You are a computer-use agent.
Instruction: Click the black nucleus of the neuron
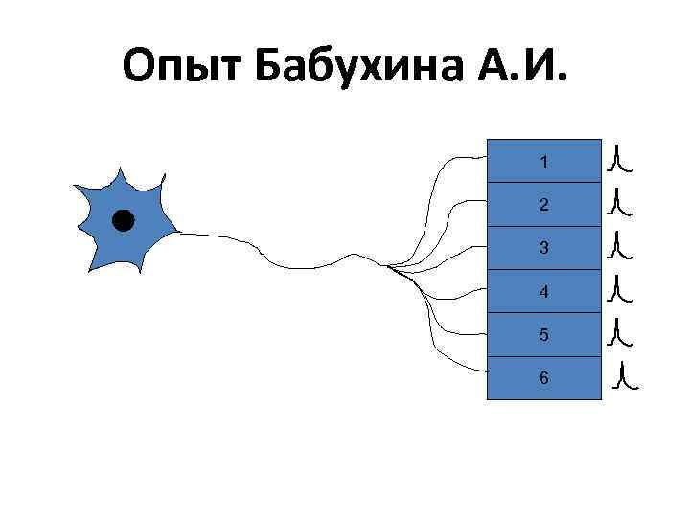click(123, 221)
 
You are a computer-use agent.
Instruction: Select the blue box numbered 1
click(543, 161)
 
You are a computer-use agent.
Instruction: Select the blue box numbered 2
click(543, 204)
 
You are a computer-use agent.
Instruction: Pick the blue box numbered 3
click(543, 247)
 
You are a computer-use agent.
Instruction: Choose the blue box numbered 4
click(543, 291)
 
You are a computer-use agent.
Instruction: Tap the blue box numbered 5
click(543, 334)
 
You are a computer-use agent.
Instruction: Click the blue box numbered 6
click(543, 377)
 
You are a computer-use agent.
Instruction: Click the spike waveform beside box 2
click(620, 202)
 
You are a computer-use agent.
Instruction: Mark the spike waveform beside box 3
click(620, 246)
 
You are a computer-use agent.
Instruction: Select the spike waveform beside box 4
click(620, 289)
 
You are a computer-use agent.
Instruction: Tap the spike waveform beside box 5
click(620, 331)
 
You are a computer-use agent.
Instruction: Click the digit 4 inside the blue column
click(543, 291)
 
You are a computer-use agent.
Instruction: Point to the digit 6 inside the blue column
click(543, 377)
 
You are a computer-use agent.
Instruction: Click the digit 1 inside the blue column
click(543, 162)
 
